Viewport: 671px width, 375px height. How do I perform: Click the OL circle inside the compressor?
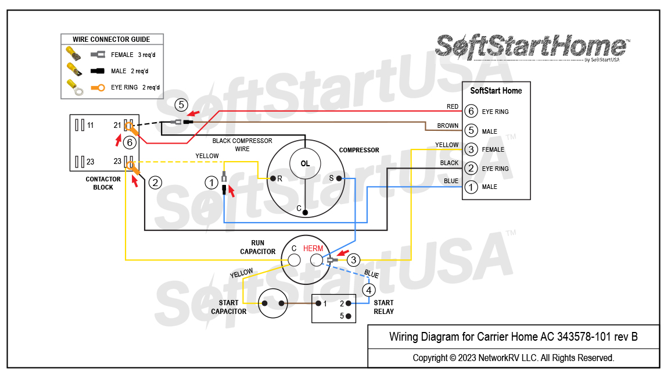coord(305,163)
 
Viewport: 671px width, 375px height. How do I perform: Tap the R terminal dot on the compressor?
coord(270,178)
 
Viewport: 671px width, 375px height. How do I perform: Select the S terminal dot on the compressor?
coord(338,178)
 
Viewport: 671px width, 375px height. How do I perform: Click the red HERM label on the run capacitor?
coord(313,248)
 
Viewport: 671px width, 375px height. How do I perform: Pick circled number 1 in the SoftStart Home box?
coord(471,187)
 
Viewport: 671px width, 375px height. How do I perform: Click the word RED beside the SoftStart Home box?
coord(452,107)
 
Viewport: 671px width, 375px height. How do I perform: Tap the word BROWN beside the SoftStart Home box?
coord(447,126)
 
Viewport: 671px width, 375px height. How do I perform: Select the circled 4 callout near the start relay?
coord(369,290)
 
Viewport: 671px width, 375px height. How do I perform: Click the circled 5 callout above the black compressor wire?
coord(181,105)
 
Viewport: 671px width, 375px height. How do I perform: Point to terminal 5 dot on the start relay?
coord(349,316)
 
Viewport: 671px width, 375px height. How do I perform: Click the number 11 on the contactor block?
coord(90,126)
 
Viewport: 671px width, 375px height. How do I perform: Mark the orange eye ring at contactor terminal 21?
coord(131,128)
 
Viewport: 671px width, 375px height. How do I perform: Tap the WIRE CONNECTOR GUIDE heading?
coord(112,40)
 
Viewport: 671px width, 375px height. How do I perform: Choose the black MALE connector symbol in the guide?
coord(98,71)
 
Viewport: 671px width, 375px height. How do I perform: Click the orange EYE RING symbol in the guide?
coord(98,88)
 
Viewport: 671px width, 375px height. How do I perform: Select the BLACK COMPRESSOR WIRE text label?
coord(242,145)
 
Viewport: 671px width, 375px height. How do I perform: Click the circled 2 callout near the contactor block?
coord(155,183)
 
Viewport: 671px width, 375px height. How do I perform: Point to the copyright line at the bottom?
coord(513,358)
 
